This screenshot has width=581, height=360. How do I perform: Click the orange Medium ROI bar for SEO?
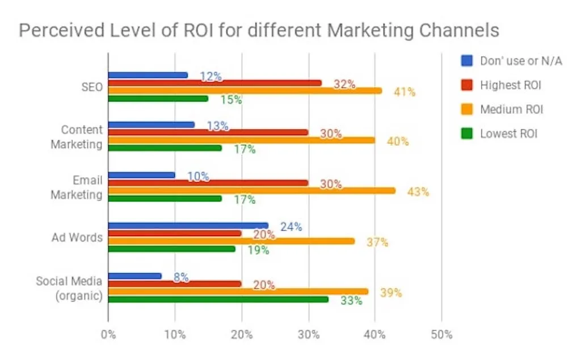pos(244,91)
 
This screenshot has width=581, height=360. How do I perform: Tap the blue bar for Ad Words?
pos(187,225)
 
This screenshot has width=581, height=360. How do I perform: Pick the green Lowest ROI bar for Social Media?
pos(218,299)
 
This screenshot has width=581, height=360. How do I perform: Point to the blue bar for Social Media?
pos(134,276)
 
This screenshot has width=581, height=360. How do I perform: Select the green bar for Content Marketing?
pos(165,148)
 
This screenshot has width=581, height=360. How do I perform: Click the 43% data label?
pos(418,192)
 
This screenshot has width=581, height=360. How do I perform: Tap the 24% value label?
pos(291,227)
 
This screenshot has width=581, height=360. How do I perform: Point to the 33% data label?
pos(351,300)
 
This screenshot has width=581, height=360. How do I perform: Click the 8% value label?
pos(181,278)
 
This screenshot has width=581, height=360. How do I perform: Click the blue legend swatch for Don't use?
pos(467,61)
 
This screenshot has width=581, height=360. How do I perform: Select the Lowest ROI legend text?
pos(508,134)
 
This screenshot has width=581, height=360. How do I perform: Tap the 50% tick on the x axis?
pos(441,334)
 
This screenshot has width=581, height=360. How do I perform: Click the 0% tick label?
pos(108,334)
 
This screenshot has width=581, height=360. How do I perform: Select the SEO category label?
pos(92,88)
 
